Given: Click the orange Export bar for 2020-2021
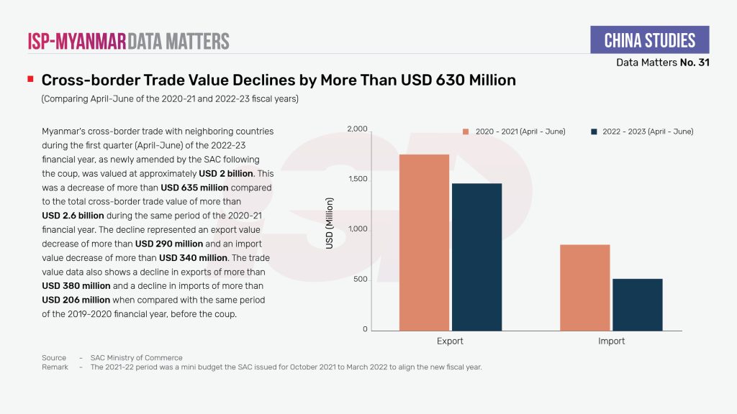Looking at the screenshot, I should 424,242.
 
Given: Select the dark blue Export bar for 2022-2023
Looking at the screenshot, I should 476,257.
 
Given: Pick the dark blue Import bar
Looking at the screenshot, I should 638,304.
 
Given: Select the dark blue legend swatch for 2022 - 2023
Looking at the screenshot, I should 594,132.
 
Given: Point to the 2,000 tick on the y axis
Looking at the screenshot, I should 358,129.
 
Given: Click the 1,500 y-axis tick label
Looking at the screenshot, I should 358,179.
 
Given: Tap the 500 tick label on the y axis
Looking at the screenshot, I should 360,279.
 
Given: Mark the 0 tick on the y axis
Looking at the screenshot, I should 365,329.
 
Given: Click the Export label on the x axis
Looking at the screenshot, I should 450,341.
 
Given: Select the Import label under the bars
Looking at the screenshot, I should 611,341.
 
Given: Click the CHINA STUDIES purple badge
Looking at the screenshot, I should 649,40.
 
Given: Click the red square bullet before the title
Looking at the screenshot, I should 30,79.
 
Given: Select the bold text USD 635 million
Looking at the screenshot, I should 193,188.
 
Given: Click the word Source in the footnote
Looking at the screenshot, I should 54,358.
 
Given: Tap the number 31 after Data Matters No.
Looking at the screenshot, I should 703,63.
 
